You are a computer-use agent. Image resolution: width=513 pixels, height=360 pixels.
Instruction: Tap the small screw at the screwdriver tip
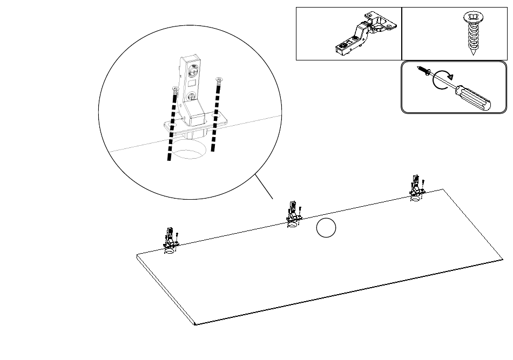pos(422,71)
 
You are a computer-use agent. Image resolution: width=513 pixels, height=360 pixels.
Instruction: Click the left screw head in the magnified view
pos(174,87)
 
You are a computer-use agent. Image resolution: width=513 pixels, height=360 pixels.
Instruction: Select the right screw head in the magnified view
pos(219,80)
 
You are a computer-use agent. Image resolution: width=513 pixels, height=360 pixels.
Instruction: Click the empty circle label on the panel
pos(326,229)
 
